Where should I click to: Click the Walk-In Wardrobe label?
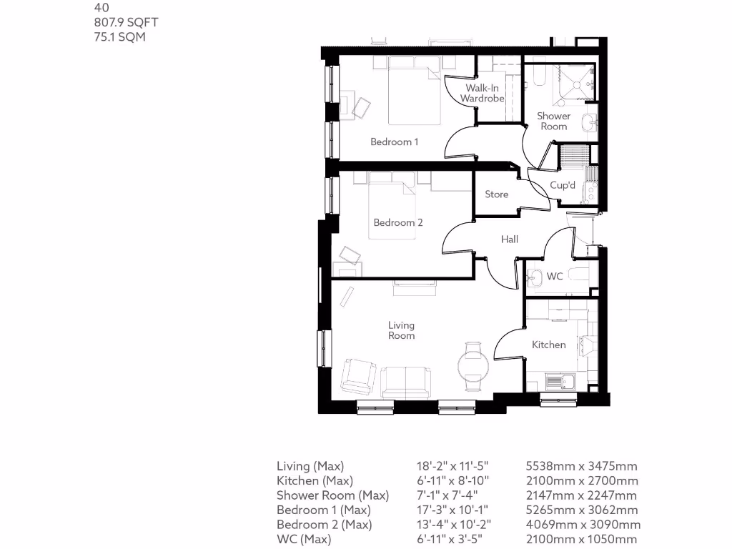point(483,93)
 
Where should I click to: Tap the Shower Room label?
point(554,121)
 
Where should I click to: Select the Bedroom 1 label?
point(395,142)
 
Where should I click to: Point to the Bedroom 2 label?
point(398,222)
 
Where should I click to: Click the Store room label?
point(497,194)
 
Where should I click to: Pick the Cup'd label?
point(563,185)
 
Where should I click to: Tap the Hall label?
point(510,239)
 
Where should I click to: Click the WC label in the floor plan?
point(555,276)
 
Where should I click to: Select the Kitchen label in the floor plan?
point(549,345)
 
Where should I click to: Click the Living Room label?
point(402,330)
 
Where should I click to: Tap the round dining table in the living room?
point(473,366)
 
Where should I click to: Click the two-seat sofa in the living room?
point(405,380)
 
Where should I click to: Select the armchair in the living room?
point(358,375)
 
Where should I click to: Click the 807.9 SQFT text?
point(126,22)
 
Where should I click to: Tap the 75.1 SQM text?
point(119,36)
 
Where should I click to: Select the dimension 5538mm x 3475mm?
point(581,466)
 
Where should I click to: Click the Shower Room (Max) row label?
point(332,495)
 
